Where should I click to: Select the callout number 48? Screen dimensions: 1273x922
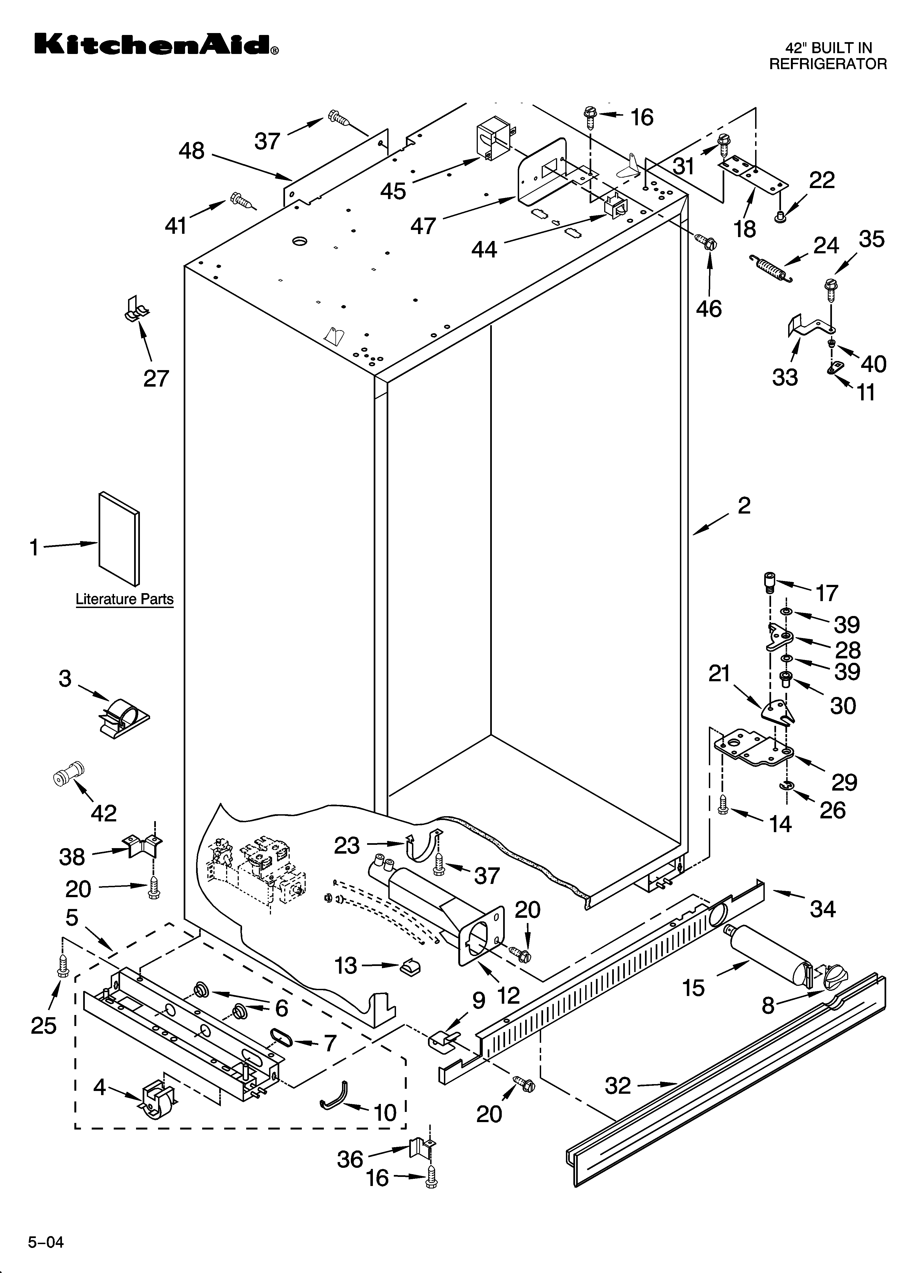pos(191,151)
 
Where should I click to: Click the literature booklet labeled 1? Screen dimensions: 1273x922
pos(118,539)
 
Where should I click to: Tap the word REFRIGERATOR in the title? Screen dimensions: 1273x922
pos(828,64)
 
